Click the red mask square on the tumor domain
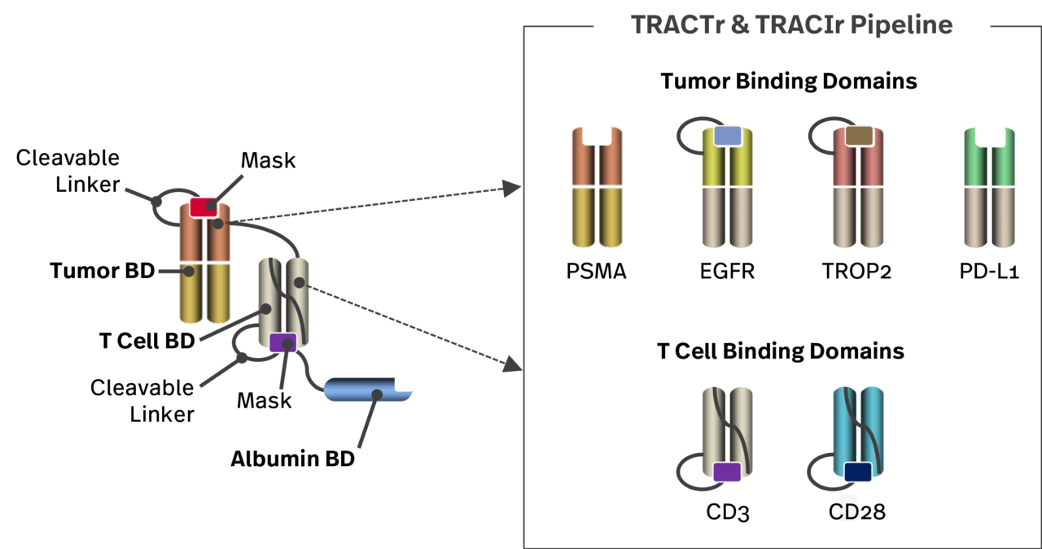pyautogui.click(x=204, y=207)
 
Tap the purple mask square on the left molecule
pyautogui.click(x=282, y=342)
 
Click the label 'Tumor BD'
pyautogui.click(x=102, y=271)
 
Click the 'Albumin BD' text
pyautogui.click(x=292, y=460)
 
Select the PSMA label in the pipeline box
pyautogui.click(x=597, y=272)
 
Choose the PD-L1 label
pyautogui.click(x=988, y=272)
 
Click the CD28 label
pyautogui.click(x=856, y=512)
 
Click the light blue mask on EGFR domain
pyautogui.click(x=728, y=136)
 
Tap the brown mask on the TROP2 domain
pyautogui.click(x=858, y=136)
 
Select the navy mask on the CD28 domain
pyautogui.click(x=857, y=472)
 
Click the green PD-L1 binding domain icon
pyautogui.click(x=988, y=187)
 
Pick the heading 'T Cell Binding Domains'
pyautogui.click(x=780, y=351)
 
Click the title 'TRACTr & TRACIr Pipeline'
pyautogui.click(x=792, y=24)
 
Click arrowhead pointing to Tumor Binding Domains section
pyautogui.click(x=512, y=189)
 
